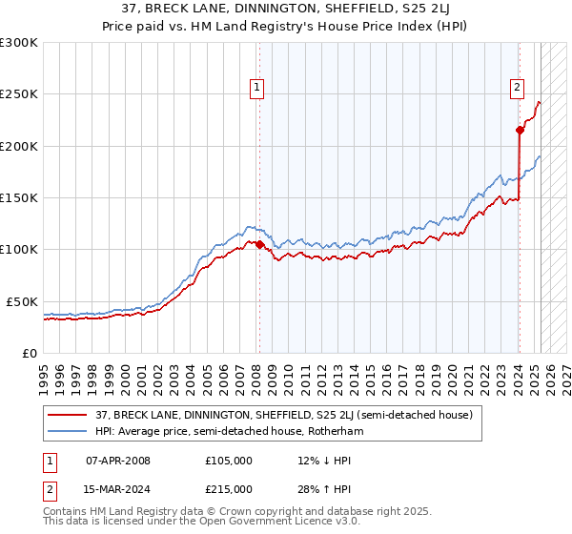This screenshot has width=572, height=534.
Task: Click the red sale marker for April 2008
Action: click(x=259, y=244)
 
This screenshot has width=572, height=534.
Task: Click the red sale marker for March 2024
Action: click(x=520, y=130)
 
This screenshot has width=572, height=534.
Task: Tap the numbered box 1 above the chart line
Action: click(x=257, y=88)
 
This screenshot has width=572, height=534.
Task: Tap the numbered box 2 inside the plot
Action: click(x=517, y=88)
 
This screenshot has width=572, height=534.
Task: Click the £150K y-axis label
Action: click(x=21, y=197)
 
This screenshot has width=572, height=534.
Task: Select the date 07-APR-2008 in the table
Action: click(x=118, y=461)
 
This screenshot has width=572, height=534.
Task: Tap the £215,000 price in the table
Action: click(x=229, y=488)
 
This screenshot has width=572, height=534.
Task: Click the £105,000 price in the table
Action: click(x=229, y=461)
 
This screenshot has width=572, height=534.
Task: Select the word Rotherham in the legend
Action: click(x=334, y=431)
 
